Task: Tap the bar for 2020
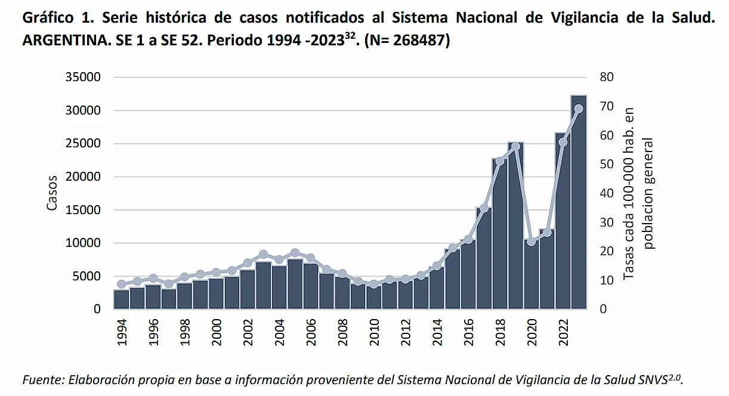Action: coord(531,274)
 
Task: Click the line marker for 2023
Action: coord(578,109)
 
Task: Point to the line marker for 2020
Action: coord(531,242)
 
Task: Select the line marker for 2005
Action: coord(295,253)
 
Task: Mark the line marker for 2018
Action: coord(500,161)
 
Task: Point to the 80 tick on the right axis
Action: coord(607,78)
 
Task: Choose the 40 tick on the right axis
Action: coord(607,193)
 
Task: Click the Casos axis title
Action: coord(52,193)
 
